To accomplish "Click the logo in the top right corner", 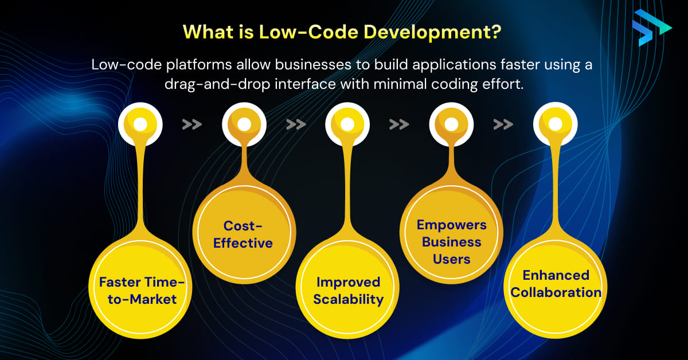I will (651, 27).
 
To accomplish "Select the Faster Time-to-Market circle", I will (138, 290).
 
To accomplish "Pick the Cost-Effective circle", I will (243, 234).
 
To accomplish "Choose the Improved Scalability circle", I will (348, 290).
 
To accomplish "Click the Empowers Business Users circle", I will (451, 241).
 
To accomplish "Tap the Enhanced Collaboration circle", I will (556, 284).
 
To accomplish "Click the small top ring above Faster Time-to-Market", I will (140, 124).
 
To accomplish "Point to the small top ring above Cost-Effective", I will (244, 124).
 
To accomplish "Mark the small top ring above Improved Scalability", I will (347, 124).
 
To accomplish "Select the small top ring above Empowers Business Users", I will (451, 124).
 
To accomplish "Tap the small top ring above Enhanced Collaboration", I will (555, 124).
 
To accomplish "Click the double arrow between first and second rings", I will (192, 124).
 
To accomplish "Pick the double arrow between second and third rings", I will (296, 124).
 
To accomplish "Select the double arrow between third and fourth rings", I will (399, 124).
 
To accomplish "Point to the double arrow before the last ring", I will (503, 124).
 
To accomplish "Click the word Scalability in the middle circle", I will (348, 299).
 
